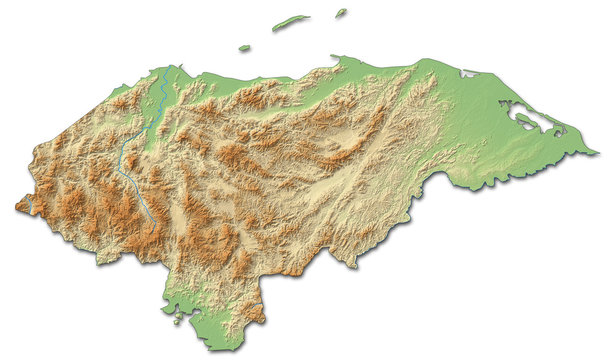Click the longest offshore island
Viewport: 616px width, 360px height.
[291, 21]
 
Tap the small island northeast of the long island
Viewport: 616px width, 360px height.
[341, 13]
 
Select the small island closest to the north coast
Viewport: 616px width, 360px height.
[244, 47]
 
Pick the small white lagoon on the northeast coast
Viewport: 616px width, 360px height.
[468, 73]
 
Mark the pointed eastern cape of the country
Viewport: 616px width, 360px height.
[597, 153]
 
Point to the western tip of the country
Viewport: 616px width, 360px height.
[16, 207]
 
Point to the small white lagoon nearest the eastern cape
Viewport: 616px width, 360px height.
[557, 133]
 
